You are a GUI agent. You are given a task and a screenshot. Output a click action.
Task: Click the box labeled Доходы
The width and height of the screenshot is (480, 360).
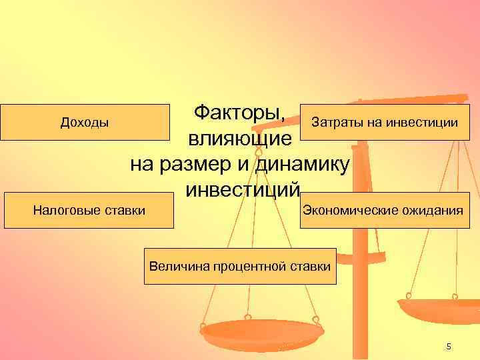click(85, 122)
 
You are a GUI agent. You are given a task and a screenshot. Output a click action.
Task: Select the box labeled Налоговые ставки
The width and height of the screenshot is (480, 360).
click(89, 211)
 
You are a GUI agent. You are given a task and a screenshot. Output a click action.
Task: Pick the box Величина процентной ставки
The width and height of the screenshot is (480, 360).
click(240, 266)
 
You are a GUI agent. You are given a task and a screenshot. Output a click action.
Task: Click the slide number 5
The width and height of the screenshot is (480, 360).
click(449, 346)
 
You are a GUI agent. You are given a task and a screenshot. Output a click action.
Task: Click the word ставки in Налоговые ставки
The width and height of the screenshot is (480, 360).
click(125, 211)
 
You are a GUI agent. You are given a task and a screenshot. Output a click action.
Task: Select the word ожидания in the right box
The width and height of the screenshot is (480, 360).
click(431, 211)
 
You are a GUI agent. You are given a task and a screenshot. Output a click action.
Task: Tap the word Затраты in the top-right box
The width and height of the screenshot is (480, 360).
click(331, 122)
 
